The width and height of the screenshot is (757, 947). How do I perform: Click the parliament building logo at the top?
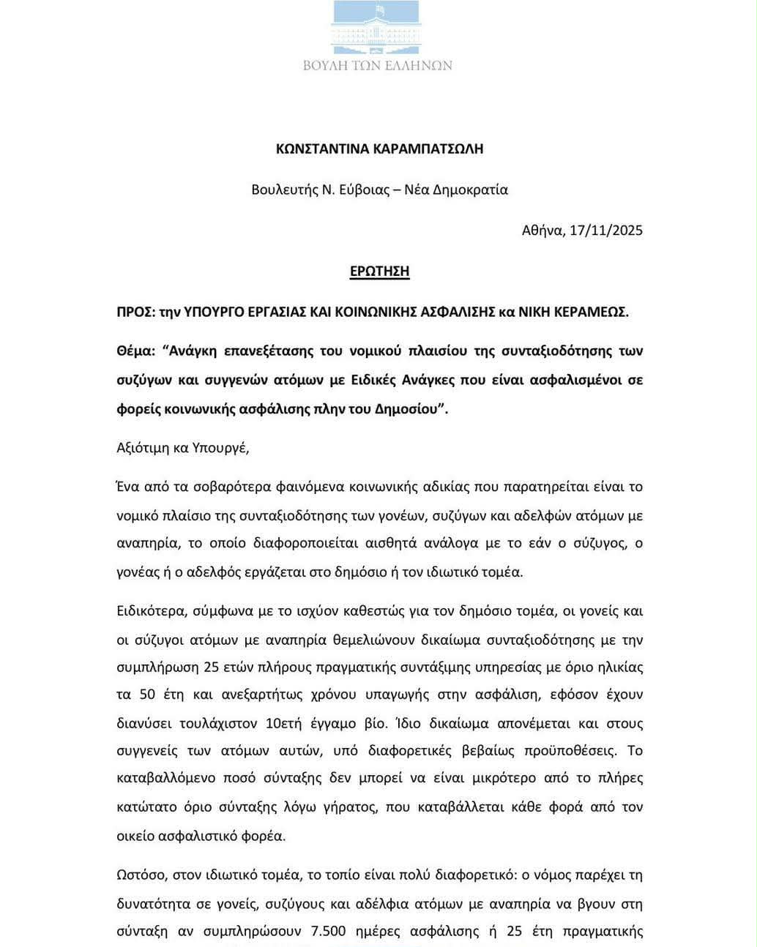[x=378, y=26]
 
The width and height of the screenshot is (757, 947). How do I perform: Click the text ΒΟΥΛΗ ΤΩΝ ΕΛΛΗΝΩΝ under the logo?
[x=378, y=65]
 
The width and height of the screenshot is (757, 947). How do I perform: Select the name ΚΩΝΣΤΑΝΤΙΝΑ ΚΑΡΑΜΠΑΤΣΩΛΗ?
[x=379, y=149]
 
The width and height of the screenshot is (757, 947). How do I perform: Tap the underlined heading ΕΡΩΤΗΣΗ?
[x=379, y=272]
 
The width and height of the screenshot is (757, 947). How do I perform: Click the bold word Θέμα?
[x=136, y=351]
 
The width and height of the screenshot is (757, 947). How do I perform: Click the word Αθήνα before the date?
[x=542, y=230]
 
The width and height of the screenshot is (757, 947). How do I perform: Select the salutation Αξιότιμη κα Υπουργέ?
[x=183, y=447]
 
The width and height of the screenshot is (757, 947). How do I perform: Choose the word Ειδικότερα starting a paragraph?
[x=152, y=610]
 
